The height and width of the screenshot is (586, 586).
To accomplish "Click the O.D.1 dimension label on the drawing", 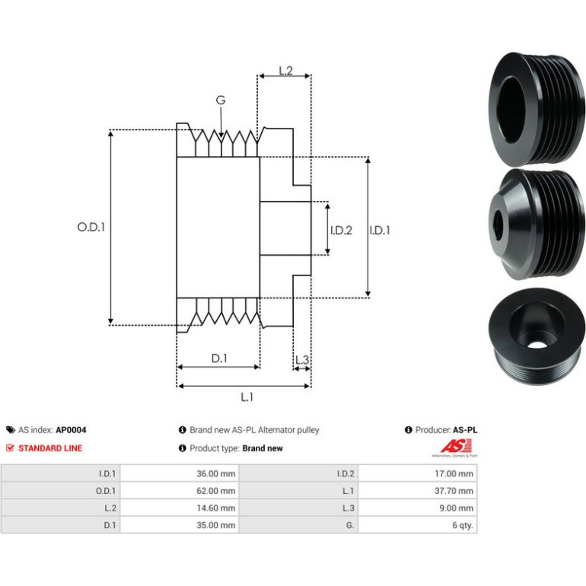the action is tap(91, 227).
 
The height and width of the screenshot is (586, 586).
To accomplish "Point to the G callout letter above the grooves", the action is tap(221, 100).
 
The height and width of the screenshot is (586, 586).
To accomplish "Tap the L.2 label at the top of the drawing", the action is tap(286, 71).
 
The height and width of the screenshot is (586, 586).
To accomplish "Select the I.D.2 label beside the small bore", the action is tap(341, 230).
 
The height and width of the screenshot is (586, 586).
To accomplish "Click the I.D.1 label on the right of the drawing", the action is tap(380, 230).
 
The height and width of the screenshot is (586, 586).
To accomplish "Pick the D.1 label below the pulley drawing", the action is tap(219, 358).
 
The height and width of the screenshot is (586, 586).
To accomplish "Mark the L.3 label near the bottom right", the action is tap(302, 360).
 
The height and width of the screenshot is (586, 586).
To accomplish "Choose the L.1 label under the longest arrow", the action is tap(247, 397).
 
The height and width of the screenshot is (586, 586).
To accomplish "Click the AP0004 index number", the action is tap(71, 430).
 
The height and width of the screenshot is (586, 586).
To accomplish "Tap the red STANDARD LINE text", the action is tap(50, 448).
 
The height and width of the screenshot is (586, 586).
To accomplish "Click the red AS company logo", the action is tap(455, 447).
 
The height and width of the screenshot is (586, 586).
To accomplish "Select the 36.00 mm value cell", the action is tap(180, 473).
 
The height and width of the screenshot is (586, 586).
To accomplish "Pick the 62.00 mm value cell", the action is tap(180, 491).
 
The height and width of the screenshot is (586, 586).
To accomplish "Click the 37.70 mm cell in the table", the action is tap(418, 491).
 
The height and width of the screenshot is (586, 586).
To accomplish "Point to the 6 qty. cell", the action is tap(418, 525).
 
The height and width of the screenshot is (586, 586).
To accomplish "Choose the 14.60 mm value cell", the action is tap(180, 508).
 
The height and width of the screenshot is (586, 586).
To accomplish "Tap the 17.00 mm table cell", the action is tap(418, 473).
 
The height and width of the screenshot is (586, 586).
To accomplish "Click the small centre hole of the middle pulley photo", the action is tap(498, 225).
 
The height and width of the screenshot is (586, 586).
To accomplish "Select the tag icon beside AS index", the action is tap(11, 430).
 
